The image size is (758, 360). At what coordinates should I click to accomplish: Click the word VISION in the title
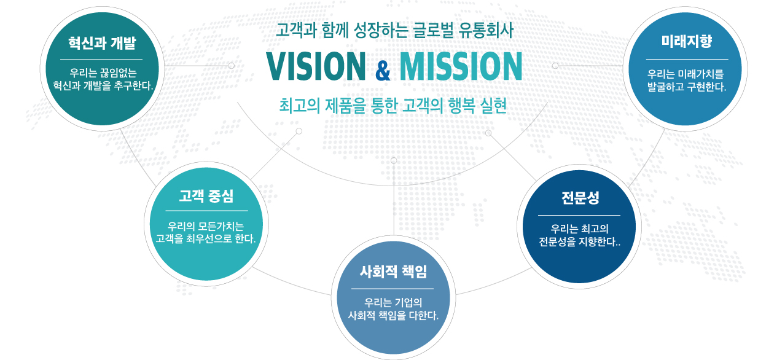(316, 66)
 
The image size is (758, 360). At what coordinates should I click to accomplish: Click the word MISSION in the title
(461, 66)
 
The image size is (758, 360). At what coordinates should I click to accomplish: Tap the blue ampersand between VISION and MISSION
(383, 71)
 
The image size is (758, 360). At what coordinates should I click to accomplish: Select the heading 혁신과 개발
(102, 43)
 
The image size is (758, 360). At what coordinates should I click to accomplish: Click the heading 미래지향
(687, 41)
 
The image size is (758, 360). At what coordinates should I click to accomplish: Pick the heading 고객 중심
(206, 195)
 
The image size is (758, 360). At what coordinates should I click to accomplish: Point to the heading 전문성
(580, 198)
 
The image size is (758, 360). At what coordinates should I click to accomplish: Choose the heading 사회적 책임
(393, 272)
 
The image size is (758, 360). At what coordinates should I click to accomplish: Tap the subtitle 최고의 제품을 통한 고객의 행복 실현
(393, 105)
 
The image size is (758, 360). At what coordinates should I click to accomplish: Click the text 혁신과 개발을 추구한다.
(103, 85)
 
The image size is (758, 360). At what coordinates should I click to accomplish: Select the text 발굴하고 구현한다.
(687, 87)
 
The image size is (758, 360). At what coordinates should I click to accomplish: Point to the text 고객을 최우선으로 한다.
(206, 238)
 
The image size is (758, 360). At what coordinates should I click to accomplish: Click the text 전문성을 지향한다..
(579, 241)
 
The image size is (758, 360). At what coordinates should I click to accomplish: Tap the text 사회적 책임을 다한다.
(393, 315)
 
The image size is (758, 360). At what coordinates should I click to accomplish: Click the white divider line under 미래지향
(687, 59)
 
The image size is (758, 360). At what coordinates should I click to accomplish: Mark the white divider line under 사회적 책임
(392, 289)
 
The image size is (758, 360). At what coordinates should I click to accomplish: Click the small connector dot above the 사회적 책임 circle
(394, 160)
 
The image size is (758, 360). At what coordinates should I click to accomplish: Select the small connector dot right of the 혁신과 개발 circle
(232, 66)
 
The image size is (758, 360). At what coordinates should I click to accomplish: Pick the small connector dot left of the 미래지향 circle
(555, 66)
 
